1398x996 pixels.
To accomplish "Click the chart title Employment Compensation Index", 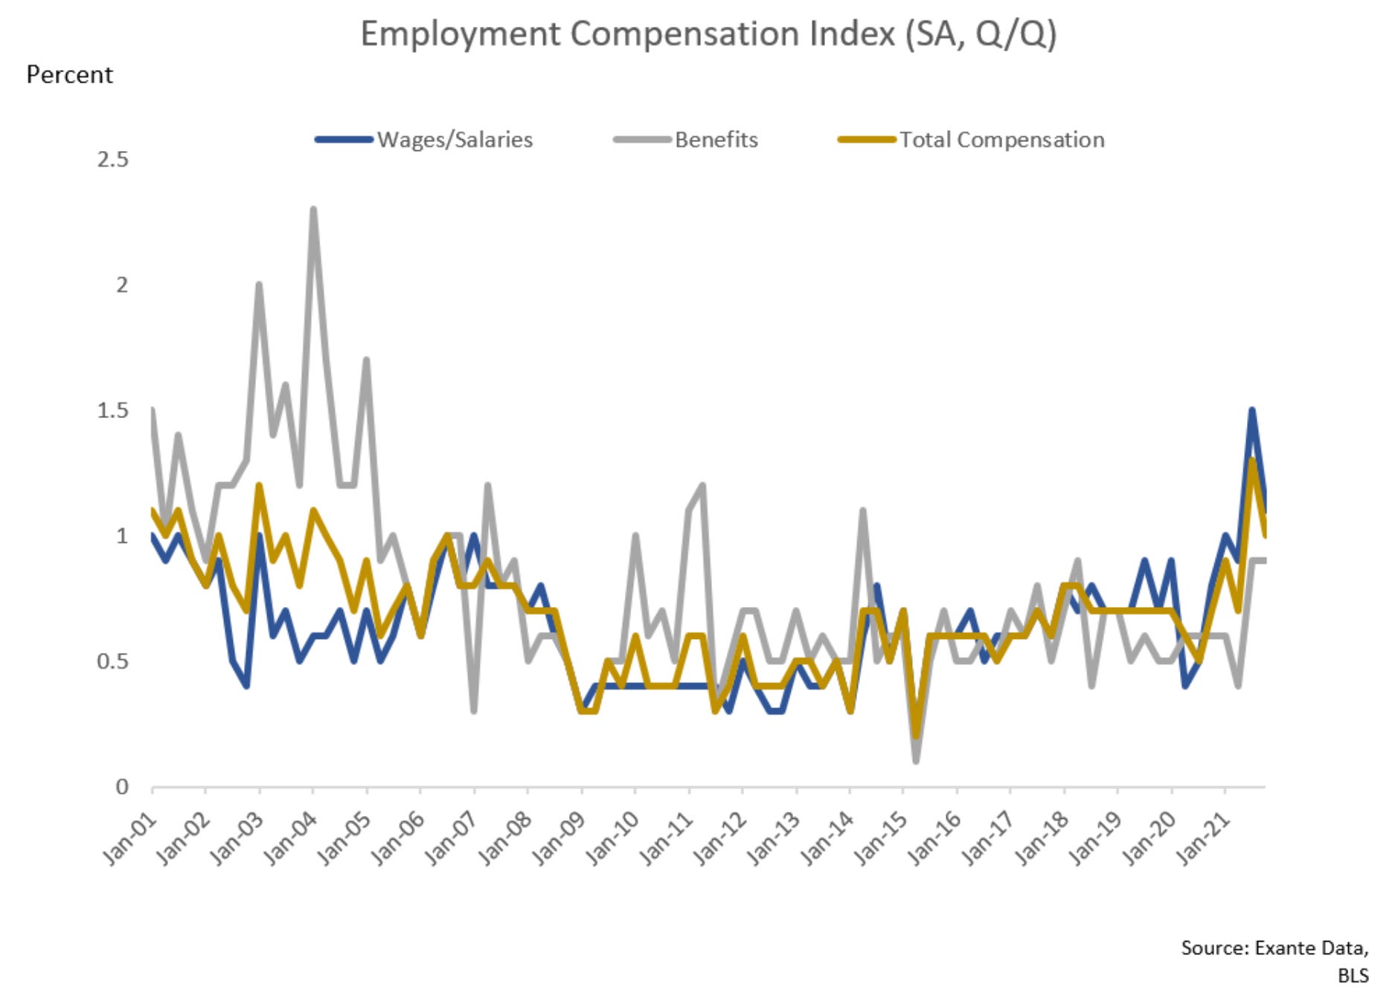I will pos(708,35).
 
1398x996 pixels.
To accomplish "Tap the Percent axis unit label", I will pos(69,75).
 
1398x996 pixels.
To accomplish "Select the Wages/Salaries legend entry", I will pos(454,140).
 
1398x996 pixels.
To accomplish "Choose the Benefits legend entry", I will pos(716,140).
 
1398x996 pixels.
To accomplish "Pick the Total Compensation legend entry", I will pos(1001,140).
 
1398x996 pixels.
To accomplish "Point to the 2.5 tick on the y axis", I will pos(112,159).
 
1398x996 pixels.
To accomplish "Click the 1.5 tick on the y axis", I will pos(112,411).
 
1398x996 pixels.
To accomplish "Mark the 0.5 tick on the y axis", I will pos(112,661).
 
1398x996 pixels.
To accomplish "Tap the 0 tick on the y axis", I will pos(122,787).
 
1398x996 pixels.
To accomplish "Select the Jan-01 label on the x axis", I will pos(131,838).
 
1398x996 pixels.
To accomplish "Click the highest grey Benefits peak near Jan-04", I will pos(313,210).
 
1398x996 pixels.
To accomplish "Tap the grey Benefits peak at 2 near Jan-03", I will pos(259,285).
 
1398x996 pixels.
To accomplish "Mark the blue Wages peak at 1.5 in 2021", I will pos(1251,411).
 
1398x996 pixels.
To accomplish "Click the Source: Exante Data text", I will pos(1274,948).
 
